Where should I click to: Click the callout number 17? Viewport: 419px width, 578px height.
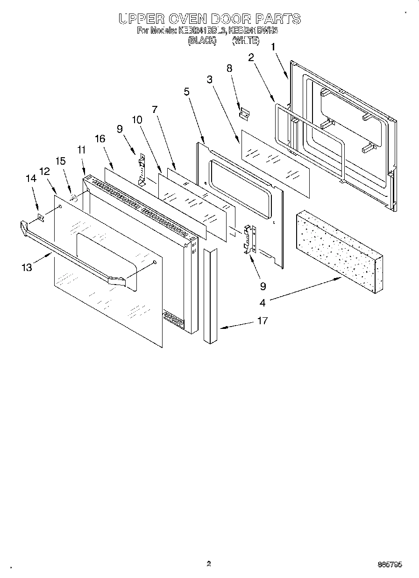pos(263,321)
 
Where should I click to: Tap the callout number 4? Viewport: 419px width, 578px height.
pos(263,303)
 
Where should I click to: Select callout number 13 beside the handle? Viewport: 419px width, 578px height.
pos(27,267)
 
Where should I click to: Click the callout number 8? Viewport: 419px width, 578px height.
pos(229,68)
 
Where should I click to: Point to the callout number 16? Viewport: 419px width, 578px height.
pos(100,139)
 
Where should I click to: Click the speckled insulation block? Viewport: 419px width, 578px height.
pos(338,250)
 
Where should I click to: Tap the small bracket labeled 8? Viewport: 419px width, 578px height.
pos(244,113)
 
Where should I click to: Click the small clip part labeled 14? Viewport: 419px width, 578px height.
pos(41,217)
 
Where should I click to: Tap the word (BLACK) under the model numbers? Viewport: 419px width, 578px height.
pos(202,41)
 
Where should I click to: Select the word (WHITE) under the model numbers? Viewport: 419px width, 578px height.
pos(245,41)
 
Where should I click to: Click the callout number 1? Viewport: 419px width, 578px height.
pos(273,47)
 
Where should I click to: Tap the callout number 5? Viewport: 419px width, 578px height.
pos(187,91)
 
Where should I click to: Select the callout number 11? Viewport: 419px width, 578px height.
pos(81,150)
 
